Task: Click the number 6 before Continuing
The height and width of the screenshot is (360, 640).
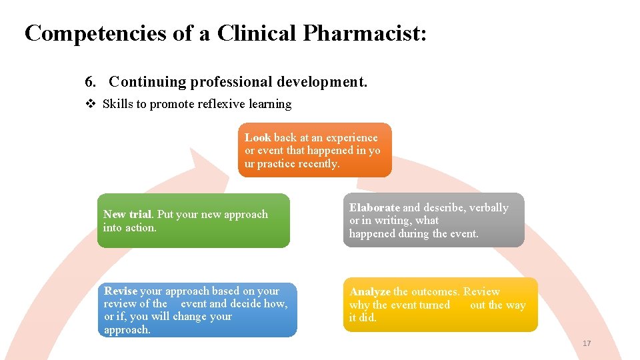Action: [89, 82]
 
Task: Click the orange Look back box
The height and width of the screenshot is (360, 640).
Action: [315, 150]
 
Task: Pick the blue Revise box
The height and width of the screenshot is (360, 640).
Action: [197, 310]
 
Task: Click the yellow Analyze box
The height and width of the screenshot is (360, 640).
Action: [440, 305]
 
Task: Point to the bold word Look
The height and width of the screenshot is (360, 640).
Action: [257, 138]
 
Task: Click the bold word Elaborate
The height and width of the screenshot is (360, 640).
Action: [375, 208]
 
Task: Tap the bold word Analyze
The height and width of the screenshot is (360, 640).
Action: [370, 292]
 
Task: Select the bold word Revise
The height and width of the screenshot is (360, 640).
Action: [121, 291]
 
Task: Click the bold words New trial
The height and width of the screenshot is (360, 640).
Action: [127, 215]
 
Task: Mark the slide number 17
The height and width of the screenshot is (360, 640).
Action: [587, 343]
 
